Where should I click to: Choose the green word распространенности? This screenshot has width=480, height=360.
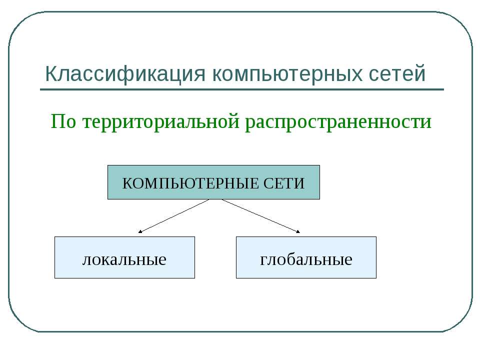(x=338, y=121)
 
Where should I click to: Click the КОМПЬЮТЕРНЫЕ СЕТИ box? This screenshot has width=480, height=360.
(x=213, y=182)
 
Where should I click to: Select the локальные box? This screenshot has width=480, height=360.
(x=124, y=257)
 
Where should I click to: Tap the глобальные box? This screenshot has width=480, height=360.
(x=306, y=257)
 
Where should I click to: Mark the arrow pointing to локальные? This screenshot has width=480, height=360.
(x=174, y=216)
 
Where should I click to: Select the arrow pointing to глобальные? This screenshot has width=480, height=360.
(x=260, y=216)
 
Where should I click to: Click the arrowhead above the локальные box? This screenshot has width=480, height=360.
(x=140, y=231)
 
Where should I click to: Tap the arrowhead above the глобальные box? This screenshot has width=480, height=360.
(x=298, y=231)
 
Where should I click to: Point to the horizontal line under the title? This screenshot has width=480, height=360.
(x=242, y=89)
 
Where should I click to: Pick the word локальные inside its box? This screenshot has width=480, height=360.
(x=124, y=259)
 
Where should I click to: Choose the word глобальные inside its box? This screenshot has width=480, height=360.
(x=306, y=259)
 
